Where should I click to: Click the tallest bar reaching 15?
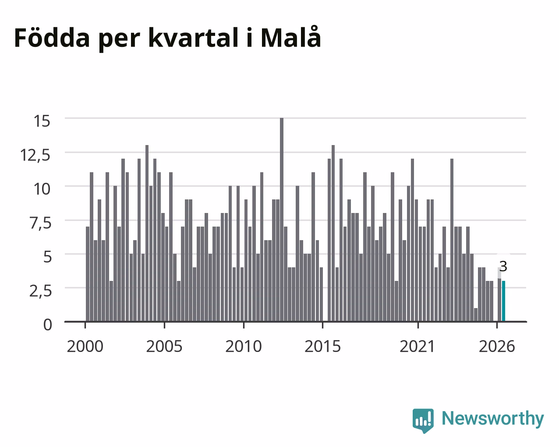282,220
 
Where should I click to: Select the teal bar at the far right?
503,301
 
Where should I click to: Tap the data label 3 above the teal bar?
503,266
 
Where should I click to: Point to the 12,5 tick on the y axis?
35,156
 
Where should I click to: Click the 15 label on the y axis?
42,121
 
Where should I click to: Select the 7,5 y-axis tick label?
41,223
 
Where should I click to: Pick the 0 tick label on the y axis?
48,325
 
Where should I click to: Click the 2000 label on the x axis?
85,346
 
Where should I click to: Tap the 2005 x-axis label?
164,346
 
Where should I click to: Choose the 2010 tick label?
244,346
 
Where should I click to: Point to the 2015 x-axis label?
322,346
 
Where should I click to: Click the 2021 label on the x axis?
417,346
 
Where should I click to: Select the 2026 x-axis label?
497,346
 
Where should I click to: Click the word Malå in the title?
290,37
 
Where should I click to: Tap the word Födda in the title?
52,38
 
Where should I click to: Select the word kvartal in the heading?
193,38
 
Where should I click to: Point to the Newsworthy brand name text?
493,419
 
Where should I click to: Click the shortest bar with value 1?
476,315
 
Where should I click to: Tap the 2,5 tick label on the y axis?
41,291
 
